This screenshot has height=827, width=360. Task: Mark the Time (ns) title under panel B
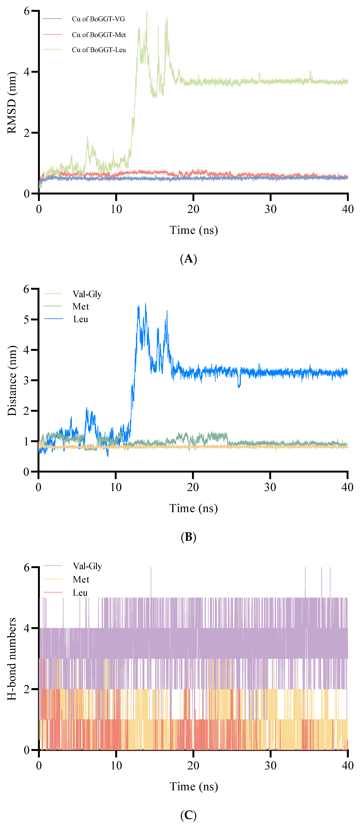193,508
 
